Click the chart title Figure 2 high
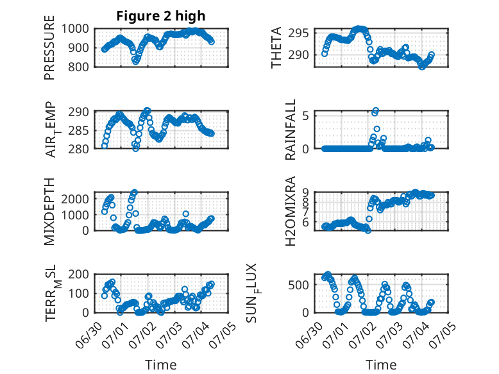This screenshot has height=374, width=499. coord(161,16)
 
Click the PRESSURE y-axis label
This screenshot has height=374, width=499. coord(49,47)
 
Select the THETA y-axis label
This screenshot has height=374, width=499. coord(276,47)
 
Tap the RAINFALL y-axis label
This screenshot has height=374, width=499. coord(291,130)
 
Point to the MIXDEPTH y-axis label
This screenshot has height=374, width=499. coord(49,211)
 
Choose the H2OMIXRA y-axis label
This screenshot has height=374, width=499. coord(291,211)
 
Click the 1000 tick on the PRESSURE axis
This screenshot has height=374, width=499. coord(75,29)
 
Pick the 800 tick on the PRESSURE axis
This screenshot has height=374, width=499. coord(78,67)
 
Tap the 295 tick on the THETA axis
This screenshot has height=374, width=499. coord(298,33)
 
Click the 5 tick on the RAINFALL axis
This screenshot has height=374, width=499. coord(305,115)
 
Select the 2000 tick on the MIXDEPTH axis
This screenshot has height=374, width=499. coord(75,199)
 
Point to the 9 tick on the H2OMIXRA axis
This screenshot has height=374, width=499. coord(305,192)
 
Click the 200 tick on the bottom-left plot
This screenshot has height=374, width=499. coord(78,274)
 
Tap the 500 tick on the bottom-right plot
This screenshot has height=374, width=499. coord(298,285)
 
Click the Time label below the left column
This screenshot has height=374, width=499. coord(161,364)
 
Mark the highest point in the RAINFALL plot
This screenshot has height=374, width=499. coord(376,111)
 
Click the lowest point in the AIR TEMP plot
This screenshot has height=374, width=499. coord(136,148)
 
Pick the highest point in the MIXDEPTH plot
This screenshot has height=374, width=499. coord(135,192)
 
